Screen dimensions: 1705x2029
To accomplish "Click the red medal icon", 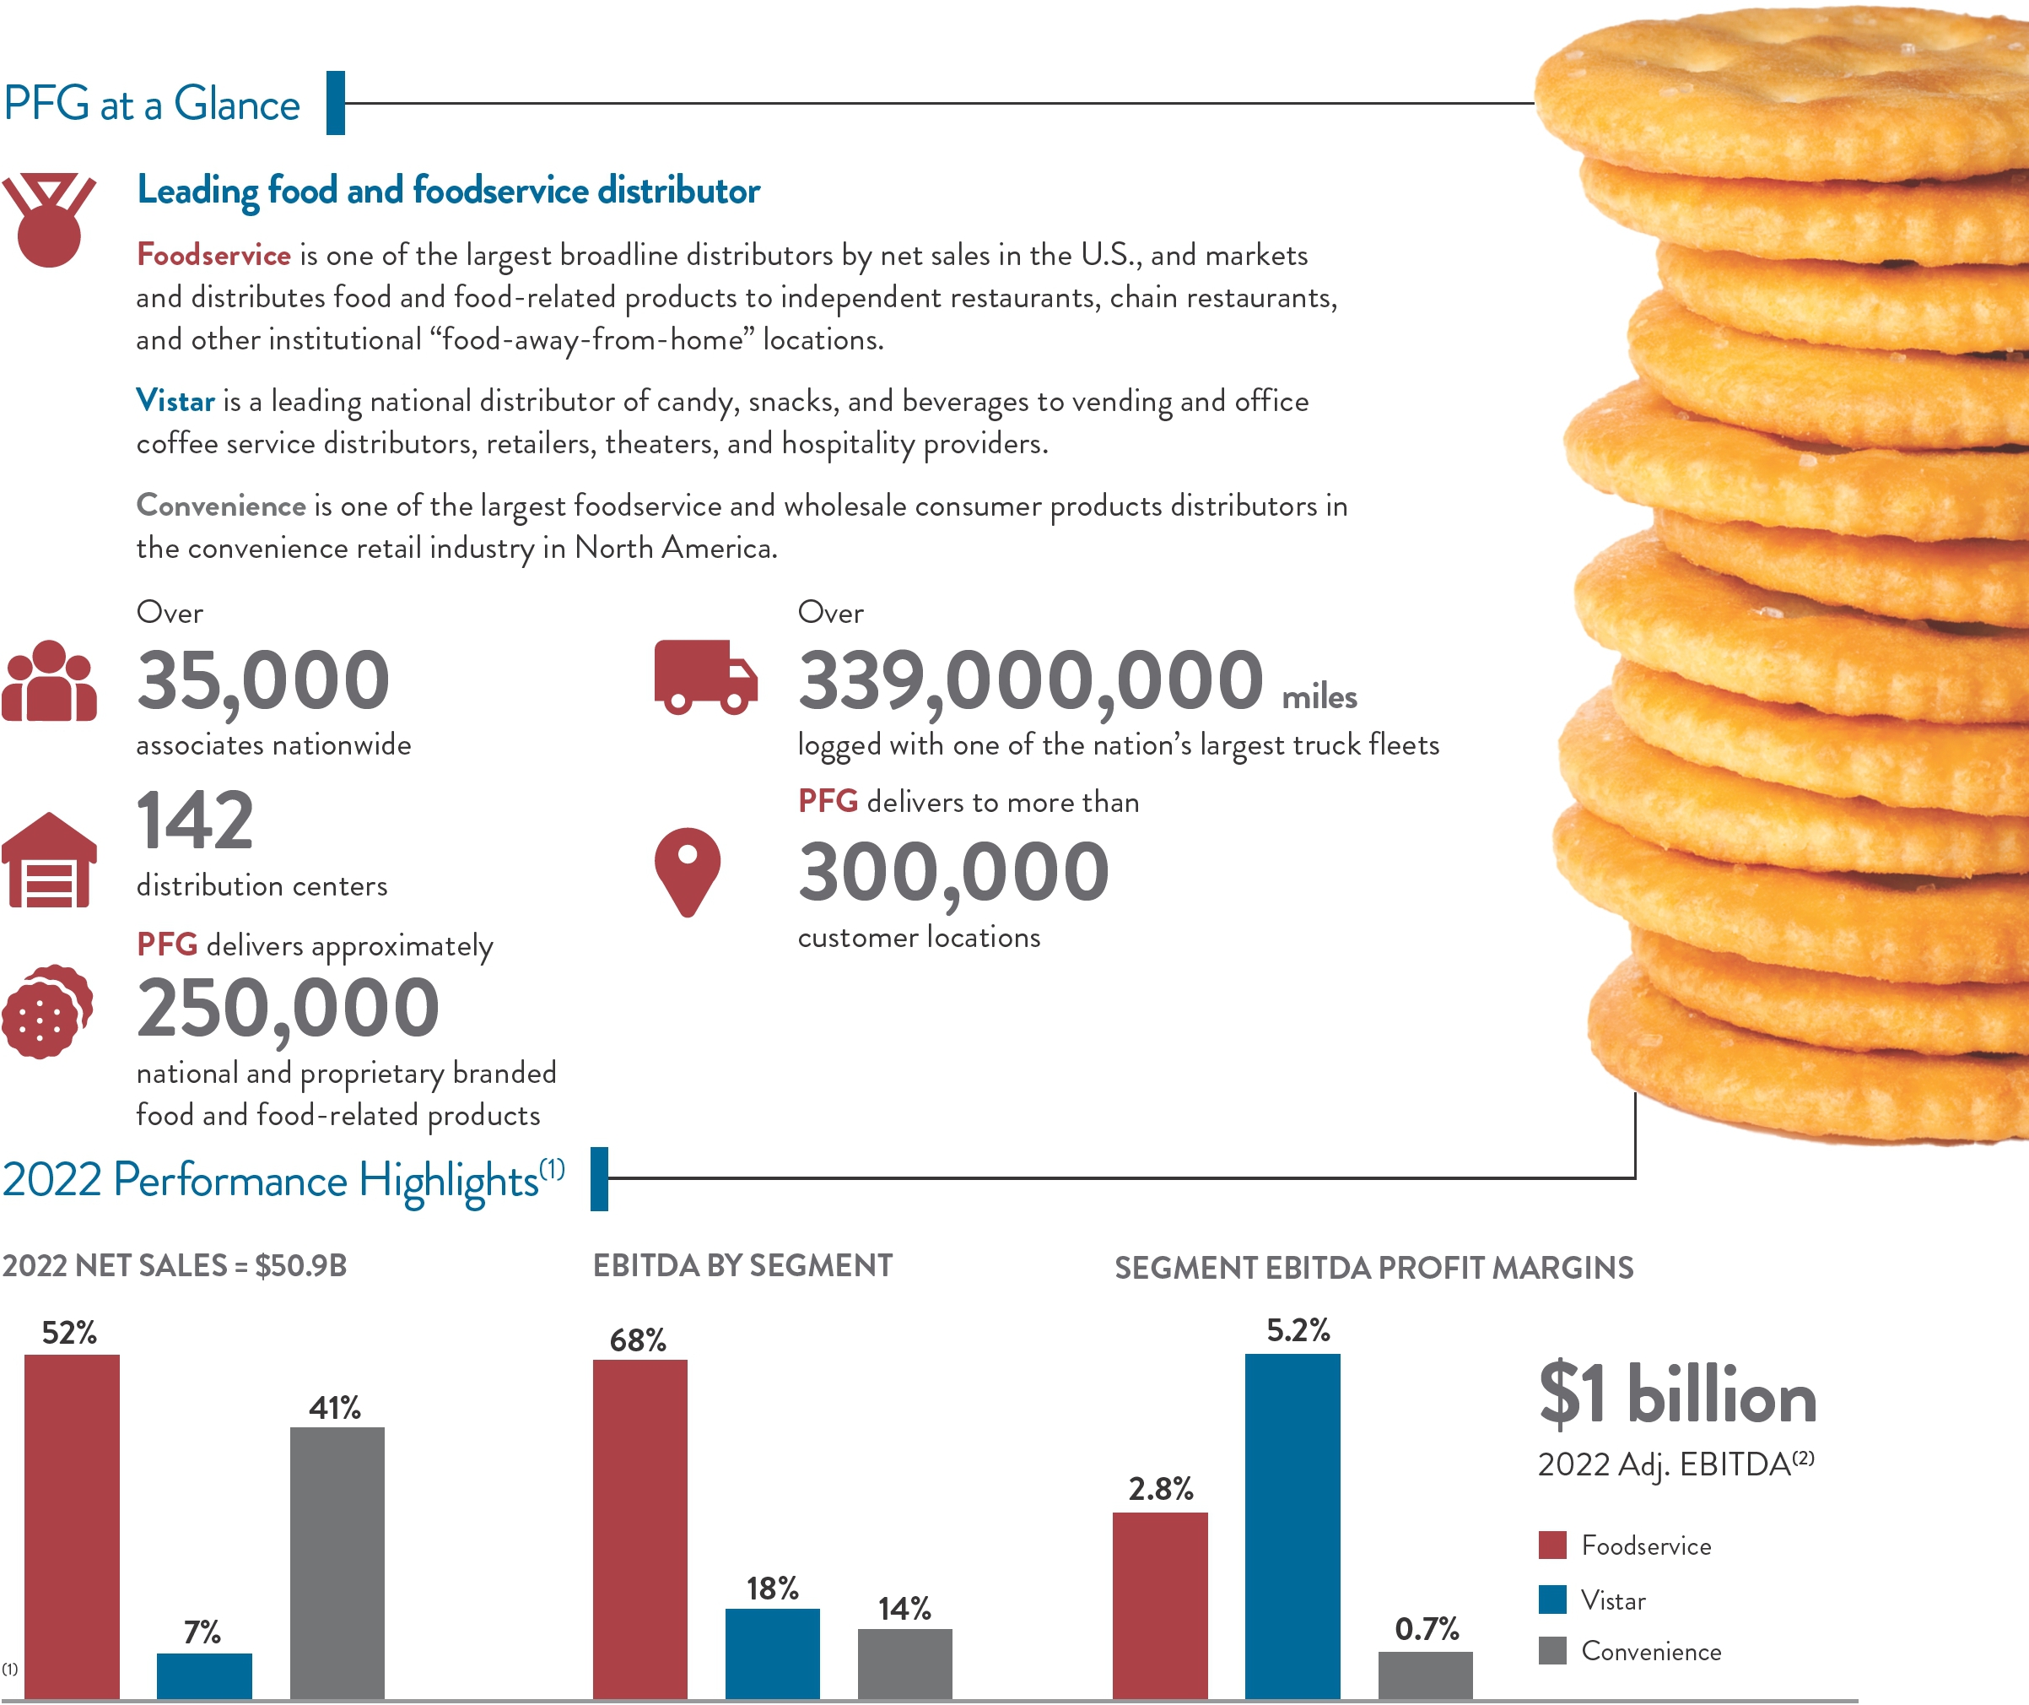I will click(x=49, y=220).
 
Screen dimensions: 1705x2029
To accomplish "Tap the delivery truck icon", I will click(x=705, y=677).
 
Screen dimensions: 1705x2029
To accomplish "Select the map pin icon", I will click(x=687, y=871).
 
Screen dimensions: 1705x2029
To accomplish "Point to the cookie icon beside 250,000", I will click(x=46, y=1011).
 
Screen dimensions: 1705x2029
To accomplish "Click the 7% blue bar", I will click(x=204, y=1675).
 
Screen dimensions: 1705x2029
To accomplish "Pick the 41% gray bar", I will click(x=337, y=1561).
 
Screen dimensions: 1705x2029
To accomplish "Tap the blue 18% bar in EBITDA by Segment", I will click(x=772, y=1653).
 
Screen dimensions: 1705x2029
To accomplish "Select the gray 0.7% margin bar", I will click(x=1425, y=1675).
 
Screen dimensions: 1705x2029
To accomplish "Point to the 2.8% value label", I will click(x=1160, y=1488).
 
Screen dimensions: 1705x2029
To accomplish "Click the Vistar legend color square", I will click(x=1551, y=1599).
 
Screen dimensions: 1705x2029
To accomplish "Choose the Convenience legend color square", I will click(x=1551, y=1651).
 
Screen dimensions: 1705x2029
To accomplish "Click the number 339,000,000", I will click(x=1030, y=680).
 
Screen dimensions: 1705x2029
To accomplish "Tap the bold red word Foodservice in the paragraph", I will click(x=213, y=255).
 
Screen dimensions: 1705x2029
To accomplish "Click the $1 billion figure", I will click(x=1677, y=1396).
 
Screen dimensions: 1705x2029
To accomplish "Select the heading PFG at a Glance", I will click(x=152, y=104).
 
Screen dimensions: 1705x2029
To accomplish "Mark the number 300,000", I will click(x=952, y=872).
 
